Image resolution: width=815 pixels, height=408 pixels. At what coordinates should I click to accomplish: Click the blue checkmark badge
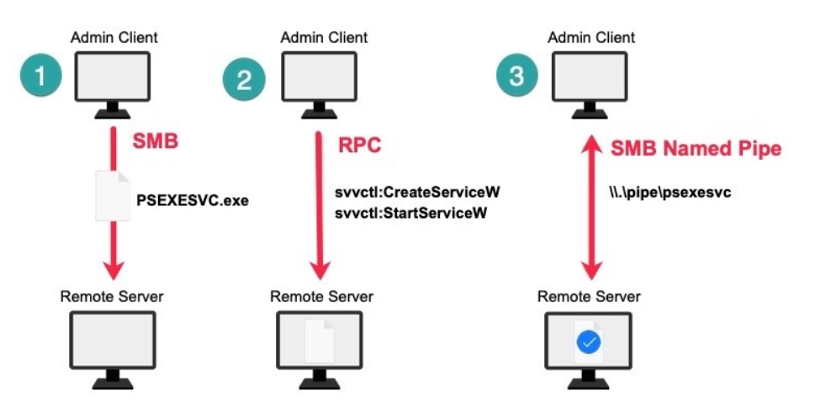pyautogui.click(x=589, y=342)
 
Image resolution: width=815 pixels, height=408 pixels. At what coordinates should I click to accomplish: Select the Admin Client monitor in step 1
pyautogui.click(x=113, y=80)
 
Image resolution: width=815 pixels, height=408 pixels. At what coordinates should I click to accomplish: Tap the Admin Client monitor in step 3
pyautogui.click(x=591, y=80)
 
